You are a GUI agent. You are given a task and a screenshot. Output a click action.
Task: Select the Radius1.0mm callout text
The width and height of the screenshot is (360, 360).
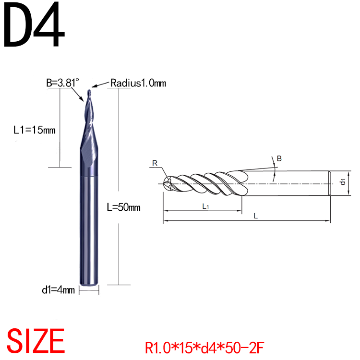(x=138, y=83)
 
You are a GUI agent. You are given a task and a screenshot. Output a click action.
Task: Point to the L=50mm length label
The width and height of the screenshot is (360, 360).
(x=123, y=207)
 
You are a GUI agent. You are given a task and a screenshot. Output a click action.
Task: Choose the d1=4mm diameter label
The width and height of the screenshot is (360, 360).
(x=59, y=290)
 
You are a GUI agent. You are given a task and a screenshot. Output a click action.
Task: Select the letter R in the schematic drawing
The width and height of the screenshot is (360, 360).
(x=155, y=163)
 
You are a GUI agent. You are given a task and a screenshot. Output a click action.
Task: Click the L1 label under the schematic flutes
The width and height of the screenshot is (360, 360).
(x=205, y=206)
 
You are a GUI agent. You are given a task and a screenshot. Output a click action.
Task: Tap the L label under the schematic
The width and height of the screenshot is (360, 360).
(x=256, y=216)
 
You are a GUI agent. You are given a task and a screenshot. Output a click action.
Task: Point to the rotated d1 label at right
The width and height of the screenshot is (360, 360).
(x=342, y=182)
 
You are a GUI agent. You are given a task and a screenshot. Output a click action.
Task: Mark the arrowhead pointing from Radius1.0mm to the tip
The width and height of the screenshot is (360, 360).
(x=95, y=86)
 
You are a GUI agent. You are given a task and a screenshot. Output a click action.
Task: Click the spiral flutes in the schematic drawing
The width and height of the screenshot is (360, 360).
(x=206, y=183)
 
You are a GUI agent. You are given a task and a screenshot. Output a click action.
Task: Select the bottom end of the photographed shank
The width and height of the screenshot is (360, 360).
(x=88, y=288)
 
